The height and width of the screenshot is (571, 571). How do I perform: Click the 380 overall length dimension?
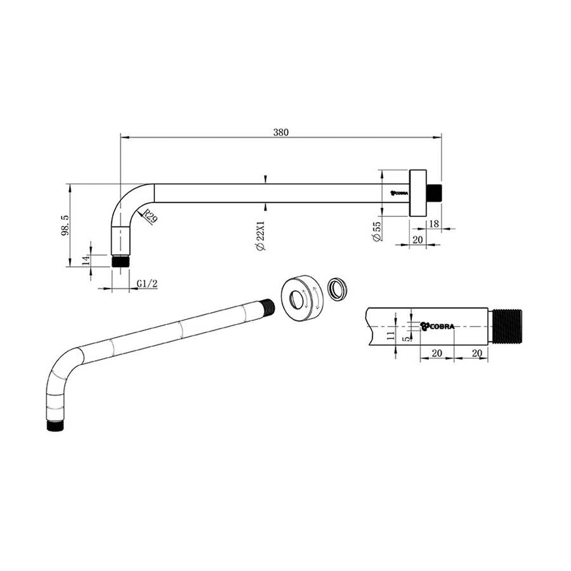pos(281,133)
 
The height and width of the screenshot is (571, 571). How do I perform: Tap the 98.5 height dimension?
pos(64,225)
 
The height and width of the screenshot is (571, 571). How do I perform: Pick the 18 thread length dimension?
pos(434,223)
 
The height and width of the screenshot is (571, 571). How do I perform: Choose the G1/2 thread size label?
pos(147,284)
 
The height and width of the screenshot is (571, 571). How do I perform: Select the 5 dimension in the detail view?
pos(407,338)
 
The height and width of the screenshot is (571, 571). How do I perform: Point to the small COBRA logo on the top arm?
pos(400,193)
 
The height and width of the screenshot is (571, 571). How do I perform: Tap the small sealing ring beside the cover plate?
pos(338,289)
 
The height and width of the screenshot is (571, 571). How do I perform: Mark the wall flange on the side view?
pos(417,193)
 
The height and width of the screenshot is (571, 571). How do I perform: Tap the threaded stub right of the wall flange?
pos(433,193)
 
